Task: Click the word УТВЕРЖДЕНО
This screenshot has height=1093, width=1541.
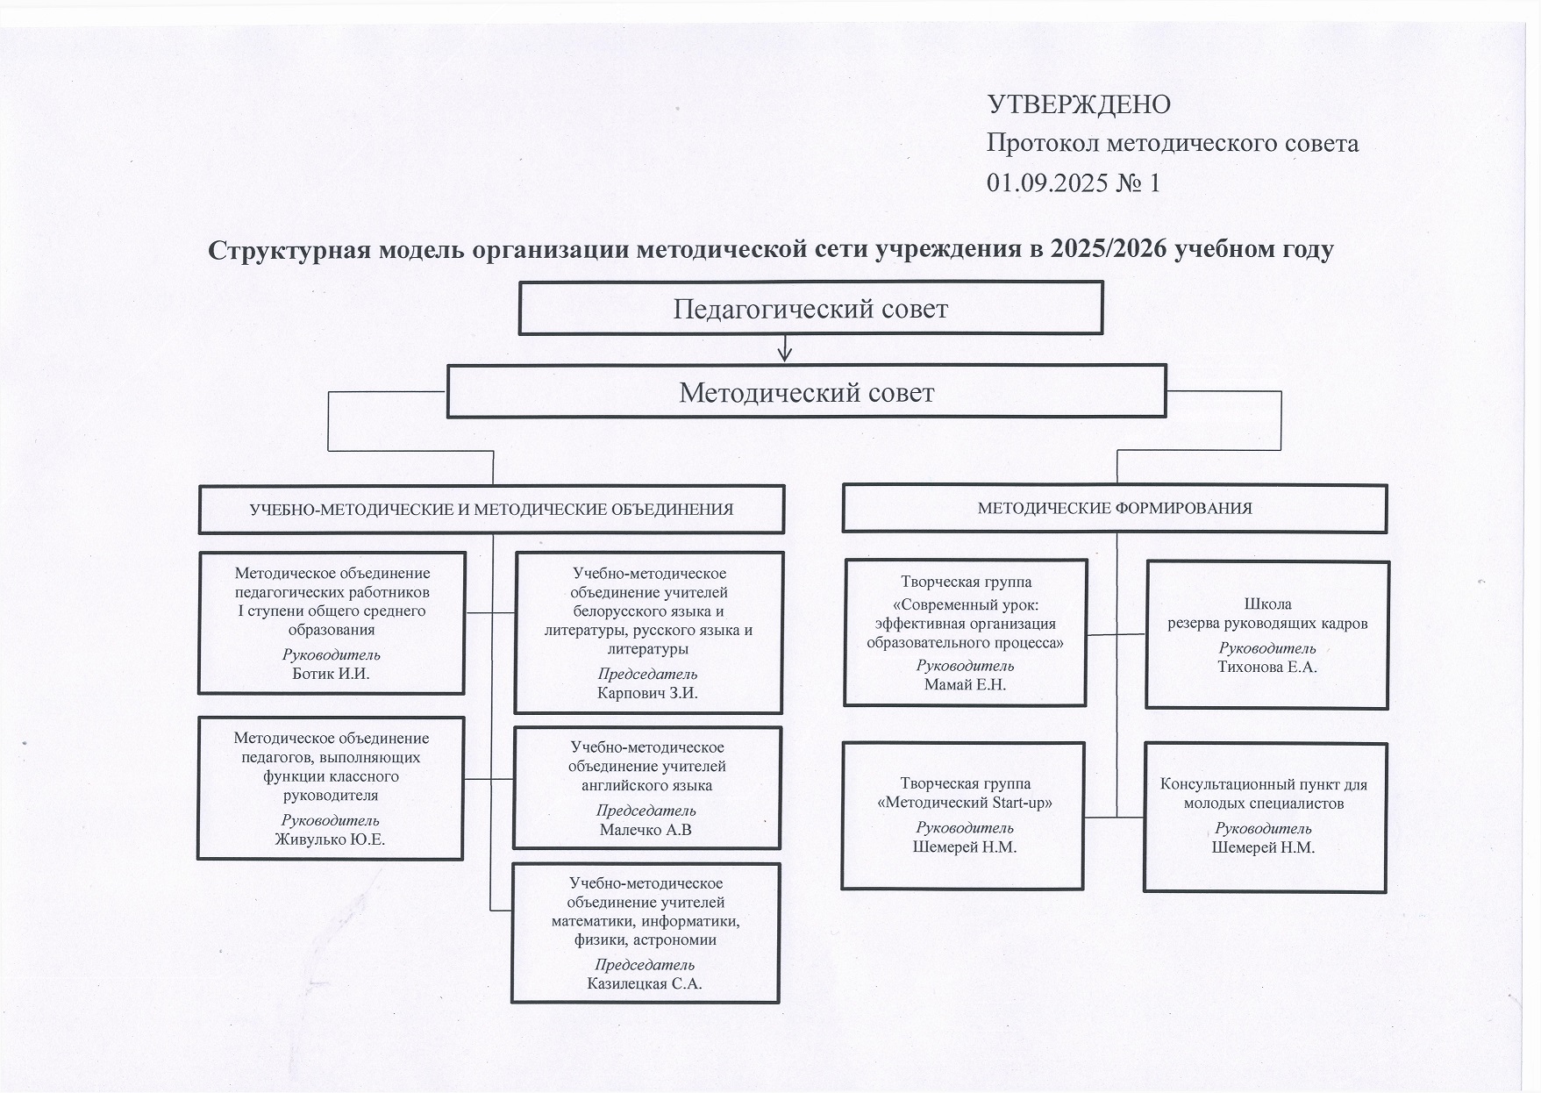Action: (1079, 104)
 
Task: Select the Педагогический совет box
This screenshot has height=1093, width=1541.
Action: (810, 309)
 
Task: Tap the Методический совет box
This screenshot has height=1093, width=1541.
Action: (806, 392)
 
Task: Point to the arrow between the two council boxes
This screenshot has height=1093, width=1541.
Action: (785, 350)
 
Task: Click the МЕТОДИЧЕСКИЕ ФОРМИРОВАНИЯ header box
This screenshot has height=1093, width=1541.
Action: (1114, 508)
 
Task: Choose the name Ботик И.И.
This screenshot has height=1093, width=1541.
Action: (331, 674)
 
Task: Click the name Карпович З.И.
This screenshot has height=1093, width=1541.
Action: (647, 693)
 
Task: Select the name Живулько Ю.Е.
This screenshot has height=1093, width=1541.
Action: (330, 839)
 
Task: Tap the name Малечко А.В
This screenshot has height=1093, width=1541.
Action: (646, 829)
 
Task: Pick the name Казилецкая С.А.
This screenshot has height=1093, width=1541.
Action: (645, 983)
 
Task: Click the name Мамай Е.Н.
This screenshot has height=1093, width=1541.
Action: (965, 685)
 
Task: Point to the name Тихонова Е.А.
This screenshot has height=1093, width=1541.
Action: (1266, 667)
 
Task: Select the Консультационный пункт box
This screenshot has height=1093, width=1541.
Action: (1265, 818)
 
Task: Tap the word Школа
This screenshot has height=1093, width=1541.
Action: (1267, 604)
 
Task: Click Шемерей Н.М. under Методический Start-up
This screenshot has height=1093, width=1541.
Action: (964, 847)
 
